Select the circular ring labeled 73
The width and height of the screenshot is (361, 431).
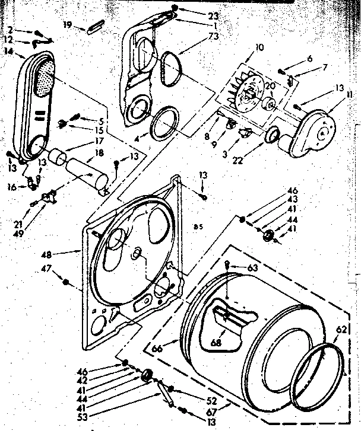[170, 66]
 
